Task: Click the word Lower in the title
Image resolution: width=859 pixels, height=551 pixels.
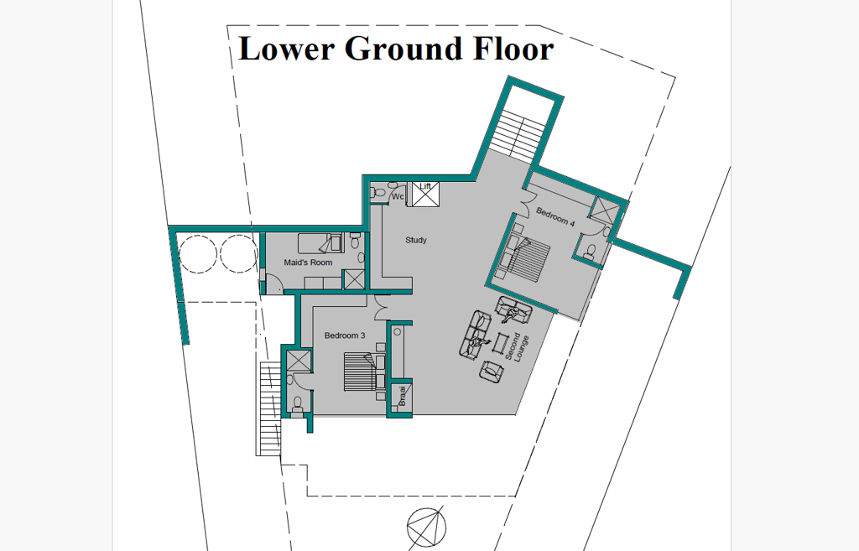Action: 287,48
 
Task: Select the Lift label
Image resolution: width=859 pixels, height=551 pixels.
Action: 425,187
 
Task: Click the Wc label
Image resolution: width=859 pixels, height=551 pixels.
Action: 398,196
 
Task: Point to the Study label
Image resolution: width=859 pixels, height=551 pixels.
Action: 416,240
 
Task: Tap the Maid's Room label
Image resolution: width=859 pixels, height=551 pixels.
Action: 308,263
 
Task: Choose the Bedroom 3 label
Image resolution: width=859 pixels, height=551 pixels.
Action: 345,335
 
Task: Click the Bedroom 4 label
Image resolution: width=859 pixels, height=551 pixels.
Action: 555,216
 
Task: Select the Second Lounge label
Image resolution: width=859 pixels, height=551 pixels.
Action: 517,347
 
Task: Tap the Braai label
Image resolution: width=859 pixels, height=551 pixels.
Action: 402,396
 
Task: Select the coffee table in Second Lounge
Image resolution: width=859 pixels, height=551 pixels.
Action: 499,343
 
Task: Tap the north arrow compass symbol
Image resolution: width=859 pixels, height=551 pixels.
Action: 426,528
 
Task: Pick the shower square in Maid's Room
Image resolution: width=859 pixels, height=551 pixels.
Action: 353,279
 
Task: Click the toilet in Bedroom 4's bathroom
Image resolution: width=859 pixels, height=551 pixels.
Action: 590,252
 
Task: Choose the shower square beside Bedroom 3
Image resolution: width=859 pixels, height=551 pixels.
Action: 299,361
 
